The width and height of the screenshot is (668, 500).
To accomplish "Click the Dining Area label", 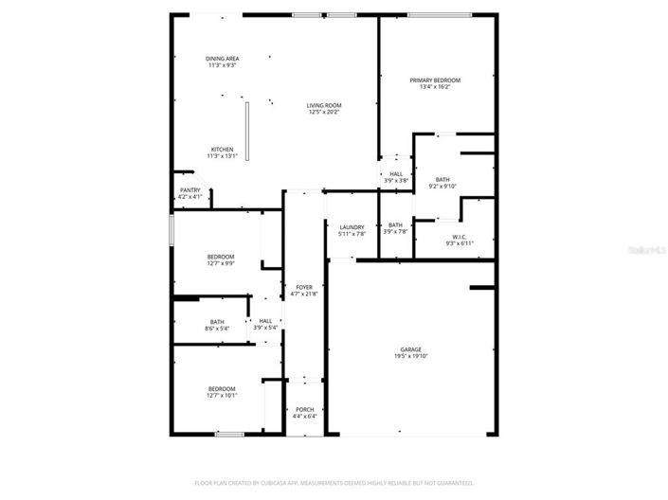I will (222, 59).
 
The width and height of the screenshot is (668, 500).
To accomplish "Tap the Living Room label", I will (324, 105).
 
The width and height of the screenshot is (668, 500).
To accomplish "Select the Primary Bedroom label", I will (435, 80).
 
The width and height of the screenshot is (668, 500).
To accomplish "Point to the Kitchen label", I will (222, 150).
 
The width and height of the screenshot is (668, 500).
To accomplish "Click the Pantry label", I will (190, 190).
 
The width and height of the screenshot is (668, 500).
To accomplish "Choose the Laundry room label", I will (352, 227).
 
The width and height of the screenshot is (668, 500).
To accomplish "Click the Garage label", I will (410, 349).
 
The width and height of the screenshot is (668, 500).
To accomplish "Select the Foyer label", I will (304, 287).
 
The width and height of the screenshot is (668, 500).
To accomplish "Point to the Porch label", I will (304, 409).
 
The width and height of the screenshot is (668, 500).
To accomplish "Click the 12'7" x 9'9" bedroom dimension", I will (221, 263).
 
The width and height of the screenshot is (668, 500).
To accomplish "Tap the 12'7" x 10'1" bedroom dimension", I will (222, 396).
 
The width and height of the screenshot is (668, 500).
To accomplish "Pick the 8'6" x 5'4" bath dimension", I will (217, 329).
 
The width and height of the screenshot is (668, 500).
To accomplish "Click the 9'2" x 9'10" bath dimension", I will (442, 187).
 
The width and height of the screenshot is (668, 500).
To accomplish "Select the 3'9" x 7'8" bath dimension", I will (395, 232).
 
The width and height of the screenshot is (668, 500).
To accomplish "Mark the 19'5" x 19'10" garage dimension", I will (410, 357).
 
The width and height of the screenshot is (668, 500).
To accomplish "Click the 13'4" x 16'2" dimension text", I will (435, 88).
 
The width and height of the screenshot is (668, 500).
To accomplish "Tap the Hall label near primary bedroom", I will (395, 173).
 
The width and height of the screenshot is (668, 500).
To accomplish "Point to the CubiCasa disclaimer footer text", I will (334, 483).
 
